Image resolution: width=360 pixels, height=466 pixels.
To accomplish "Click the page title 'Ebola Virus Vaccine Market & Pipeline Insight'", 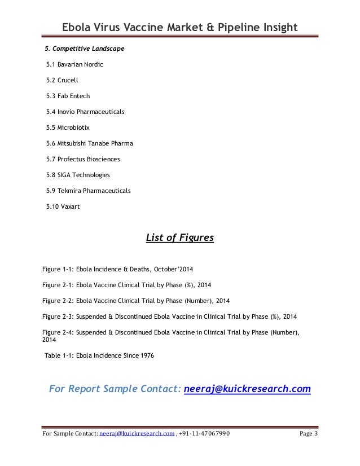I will tap(179, 27).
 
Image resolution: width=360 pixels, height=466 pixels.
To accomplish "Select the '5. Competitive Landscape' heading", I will tap(85, 49).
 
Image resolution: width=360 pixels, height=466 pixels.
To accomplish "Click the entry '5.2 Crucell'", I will tap(62, 81).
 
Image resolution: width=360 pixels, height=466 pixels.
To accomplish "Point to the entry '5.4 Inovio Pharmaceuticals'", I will tap(85, 112).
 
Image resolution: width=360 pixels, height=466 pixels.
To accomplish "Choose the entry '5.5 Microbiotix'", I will tap(68, 128).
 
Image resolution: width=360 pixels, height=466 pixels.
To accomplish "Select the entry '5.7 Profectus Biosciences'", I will tap(83, 159).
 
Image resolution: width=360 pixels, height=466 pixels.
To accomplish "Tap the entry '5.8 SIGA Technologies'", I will tap(78, 175).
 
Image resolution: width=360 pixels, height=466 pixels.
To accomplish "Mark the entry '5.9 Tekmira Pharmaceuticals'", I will tap(88, 191).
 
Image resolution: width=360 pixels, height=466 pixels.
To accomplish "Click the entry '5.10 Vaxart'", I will tap(63, 206).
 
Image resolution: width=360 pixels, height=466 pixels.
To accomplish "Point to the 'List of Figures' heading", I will tap(179, 238).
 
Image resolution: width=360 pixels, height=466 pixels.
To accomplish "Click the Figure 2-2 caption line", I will tap(136, 300).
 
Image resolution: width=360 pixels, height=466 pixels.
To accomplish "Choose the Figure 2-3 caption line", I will tap(169, 316).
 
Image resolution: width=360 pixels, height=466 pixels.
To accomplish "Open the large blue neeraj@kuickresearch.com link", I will tap(247, 389).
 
